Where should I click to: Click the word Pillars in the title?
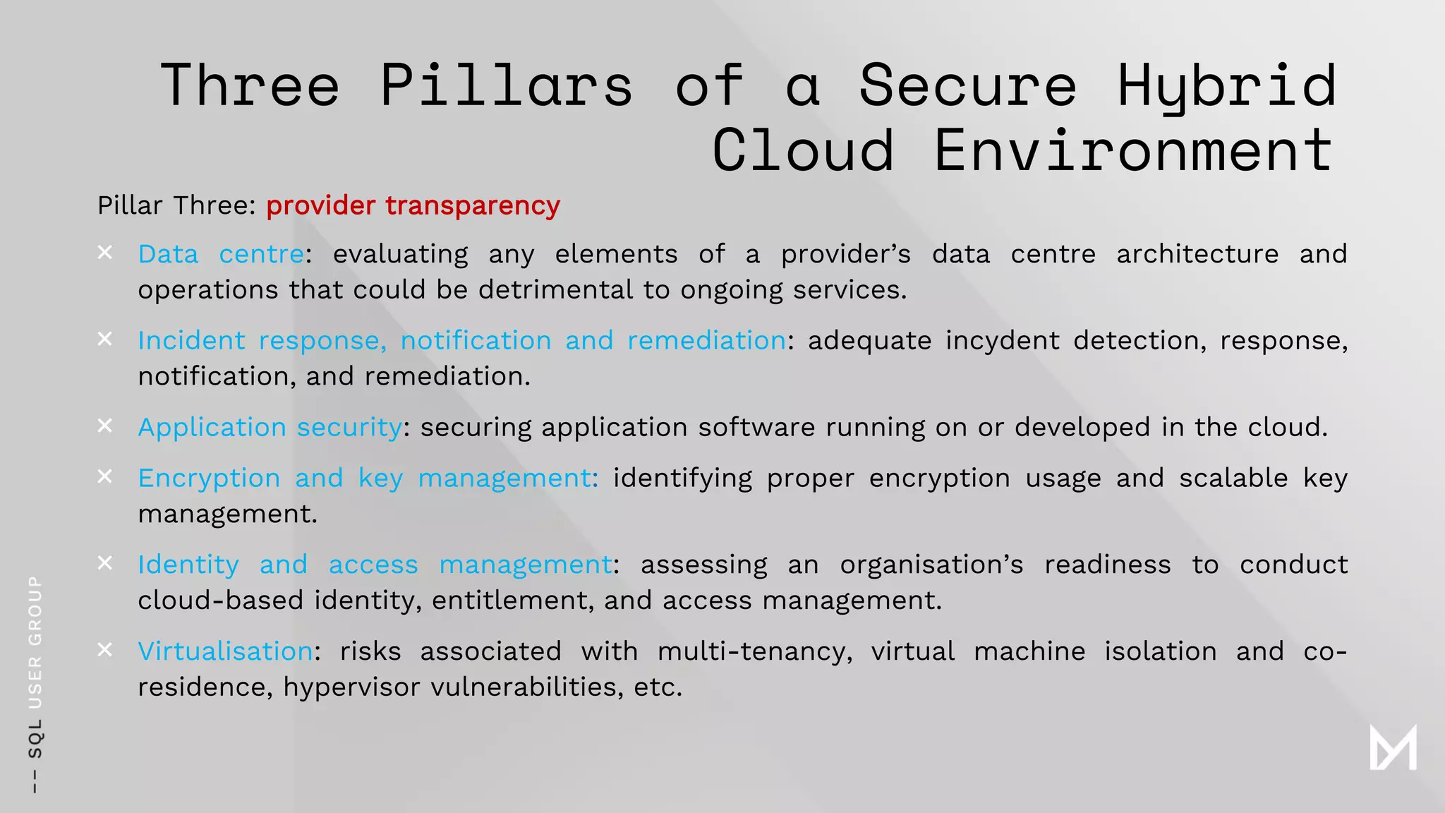tap(506, 85)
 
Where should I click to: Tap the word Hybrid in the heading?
tap(1227, 87)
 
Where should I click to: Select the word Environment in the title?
tap(1132, 150)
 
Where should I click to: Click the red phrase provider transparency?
tap(413, 205)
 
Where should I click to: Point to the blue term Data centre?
tap(221, 254)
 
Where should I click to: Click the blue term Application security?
tap(270, 428)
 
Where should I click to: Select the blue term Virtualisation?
tap(225, 651)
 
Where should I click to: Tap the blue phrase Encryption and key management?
tap(365, 478)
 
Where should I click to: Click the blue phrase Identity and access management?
tap(375, 565)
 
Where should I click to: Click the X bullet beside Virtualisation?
tap(104, 649)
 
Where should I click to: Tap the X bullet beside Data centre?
tap(104, 252)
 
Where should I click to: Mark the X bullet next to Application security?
tap(104, 426)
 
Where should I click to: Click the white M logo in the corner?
tap(1393, 747)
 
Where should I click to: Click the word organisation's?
tap(931, 565)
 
